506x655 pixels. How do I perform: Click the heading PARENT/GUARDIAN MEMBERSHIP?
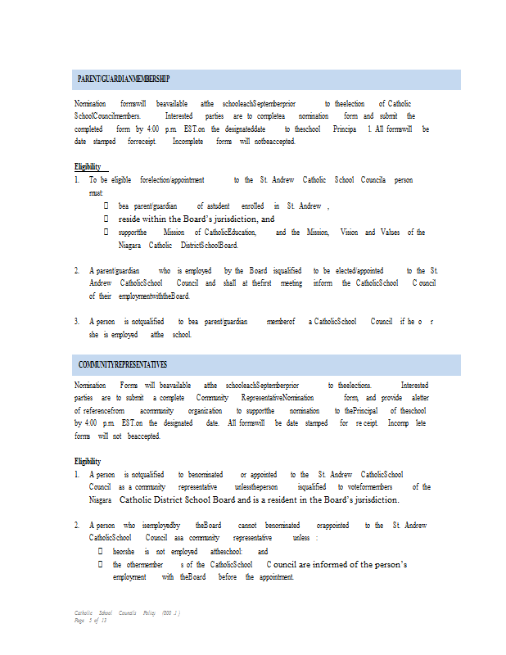tap(124, 79)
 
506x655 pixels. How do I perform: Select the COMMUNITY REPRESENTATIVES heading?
tap(123, 364)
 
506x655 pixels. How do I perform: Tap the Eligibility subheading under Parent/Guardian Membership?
tap(88, 167)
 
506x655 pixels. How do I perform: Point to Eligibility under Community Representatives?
tap(88, 462)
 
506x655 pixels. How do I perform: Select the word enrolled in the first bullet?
tap(253, 206)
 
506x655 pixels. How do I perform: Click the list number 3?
tap(77, 322)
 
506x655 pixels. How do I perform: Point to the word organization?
tap(204, 410)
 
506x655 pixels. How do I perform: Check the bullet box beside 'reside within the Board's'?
tap(106, 219)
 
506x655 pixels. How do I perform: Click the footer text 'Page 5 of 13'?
tap(90, 621)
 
